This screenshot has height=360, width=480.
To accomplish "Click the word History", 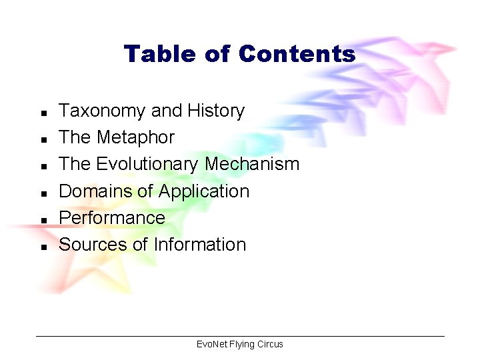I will [217, 111].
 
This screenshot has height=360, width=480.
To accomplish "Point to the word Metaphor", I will [135, 137].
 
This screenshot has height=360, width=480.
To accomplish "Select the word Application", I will [203, 191].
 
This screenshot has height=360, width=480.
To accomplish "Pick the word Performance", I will [112, 217].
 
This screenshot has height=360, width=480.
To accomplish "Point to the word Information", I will [200, 244].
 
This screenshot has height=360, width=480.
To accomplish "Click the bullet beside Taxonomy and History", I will [43, 112].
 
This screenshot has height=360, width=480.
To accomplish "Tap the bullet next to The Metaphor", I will [43, 139].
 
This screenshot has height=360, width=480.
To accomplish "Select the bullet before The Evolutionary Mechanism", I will [43, 165].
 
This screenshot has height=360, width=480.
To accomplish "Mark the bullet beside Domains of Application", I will [43, 192].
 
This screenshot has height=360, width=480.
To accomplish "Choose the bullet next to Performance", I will [43, 219].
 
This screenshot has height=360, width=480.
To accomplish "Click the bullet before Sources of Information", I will [43, 245].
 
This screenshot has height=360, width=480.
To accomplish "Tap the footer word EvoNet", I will [211, 344].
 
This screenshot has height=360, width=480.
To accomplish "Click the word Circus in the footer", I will [270, 344].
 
